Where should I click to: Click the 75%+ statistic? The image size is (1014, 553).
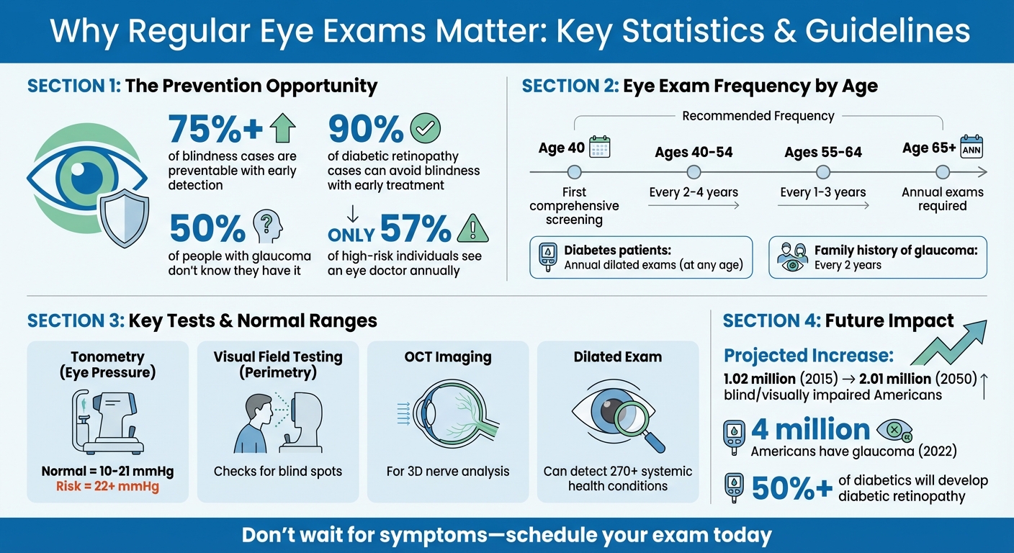215,130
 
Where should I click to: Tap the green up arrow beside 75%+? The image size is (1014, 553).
282,130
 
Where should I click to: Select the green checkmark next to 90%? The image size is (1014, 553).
425,129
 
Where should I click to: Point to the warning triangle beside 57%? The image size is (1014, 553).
472,229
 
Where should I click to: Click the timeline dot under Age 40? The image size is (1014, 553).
574,172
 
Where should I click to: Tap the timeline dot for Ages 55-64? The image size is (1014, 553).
823,172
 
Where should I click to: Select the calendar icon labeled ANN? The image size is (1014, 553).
972,147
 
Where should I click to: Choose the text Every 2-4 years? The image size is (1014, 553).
693,192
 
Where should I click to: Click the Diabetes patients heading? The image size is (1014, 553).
618,251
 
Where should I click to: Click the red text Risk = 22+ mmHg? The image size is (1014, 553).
107,486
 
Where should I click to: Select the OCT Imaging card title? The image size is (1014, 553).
447,356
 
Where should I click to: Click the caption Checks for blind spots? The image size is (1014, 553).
277,472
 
